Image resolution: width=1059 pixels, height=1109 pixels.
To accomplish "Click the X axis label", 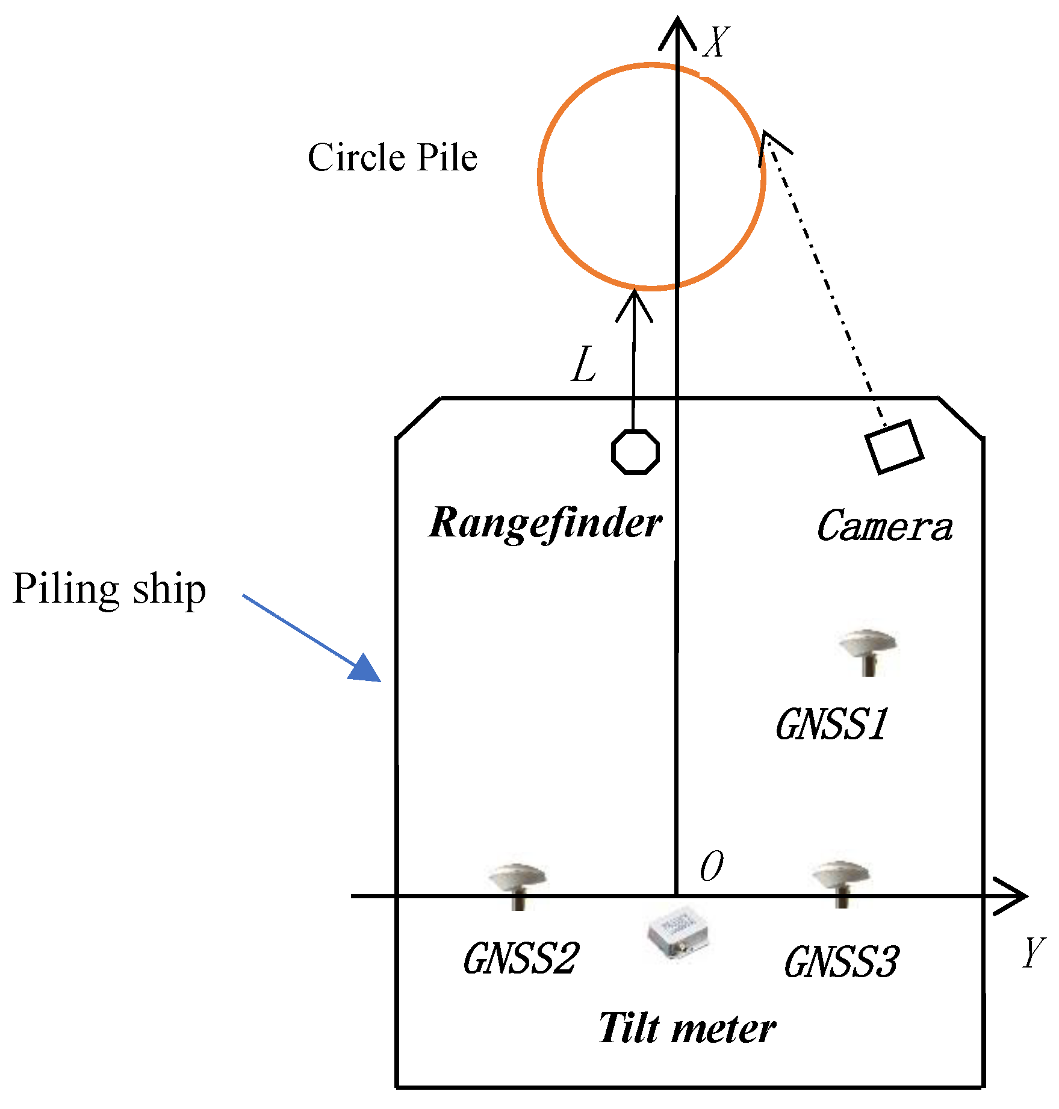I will click(716, 42).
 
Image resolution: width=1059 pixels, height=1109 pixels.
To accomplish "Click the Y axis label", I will click(1033, 952).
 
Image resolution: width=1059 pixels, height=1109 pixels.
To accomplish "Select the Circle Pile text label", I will click(393, 158).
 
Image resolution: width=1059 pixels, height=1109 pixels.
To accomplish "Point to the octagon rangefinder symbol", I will click(635, 452).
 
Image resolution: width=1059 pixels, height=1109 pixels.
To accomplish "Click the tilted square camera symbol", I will click(894, 447).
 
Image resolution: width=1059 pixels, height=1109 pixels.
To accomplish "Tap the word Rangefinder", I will click(545, 523).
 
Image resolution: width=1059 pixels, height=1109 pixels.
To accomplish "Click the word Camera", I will click(884, 526).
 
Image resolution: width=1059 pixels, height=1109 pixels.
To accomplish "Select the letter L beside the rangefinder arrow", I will click(583, 365).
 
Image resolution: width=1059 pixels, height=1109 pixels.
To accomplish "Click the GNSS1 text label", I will click(831, 724).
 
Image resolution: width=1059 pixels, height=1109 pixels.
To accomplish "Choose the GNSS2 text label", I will click(520, 958).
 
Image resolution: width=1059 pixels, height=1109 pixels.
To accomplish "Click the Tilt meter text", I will click(686, 1028).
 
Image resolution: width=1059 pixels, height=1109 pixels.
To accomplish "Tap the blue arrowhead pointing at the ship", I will click(366, 668).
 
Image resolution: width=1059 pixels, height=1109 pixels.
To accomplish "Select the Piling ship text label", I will click(110, 588).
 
